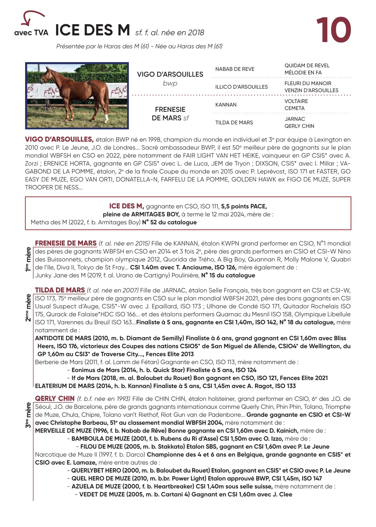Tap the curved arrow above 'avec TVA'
(31, 18)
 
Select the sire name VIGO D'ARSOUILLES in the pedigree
(170, 74)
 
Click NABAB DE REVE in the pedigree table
(235, 69)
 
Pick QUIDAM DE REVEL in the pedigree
(307, 66)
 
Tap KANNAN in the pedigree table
(226, 105)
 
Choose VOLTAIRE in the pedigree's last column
(296, 101)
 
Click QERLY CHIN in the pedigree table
(299, 126)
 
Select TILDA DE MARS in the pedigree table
(234, 123)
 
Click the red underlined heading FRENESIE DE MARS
(66, 243)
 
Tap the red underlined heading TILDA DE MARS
(60, 290)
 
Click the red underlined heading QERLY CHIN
(55, 399)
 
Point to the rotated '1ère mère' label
(28, 259)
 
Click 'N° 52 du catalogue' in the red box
(169, 222)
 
